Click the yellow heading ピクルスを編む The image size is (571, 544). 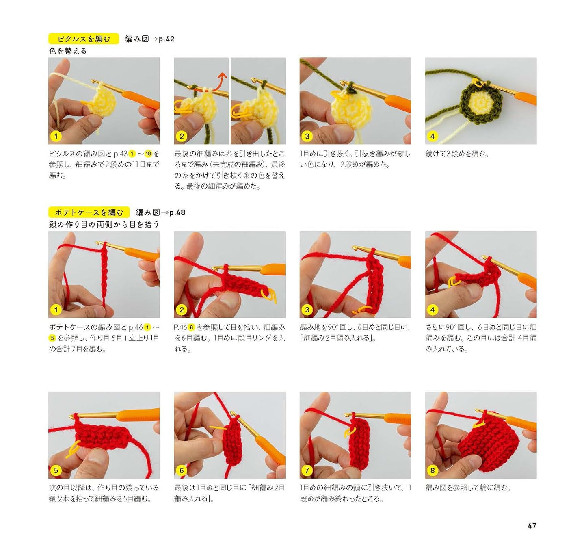84,39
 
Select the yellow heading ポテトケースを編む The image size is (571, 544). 89,212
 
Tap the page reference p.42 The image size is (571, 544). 167,39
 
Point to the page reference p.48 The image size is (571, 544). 177,212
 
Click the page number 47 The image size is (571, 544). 532,525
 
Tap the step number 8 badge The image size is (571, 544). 433,470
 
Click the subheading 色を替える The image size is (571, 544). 68,51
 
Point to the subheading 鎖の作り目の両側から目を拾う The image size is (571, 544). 104,224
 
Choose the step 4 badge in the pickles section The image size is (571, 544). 433,137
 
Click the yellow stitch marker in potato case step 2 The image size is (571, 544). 269,296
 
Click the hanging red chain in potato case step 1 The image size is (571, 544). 104,276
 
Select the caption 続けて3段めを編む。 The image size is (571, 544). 457,154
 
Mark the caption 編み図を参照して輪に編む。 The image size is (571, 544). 468,488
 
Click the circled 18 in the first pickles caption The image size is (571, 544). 148,154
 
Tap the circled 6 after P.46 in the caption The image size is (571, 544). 191,327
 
